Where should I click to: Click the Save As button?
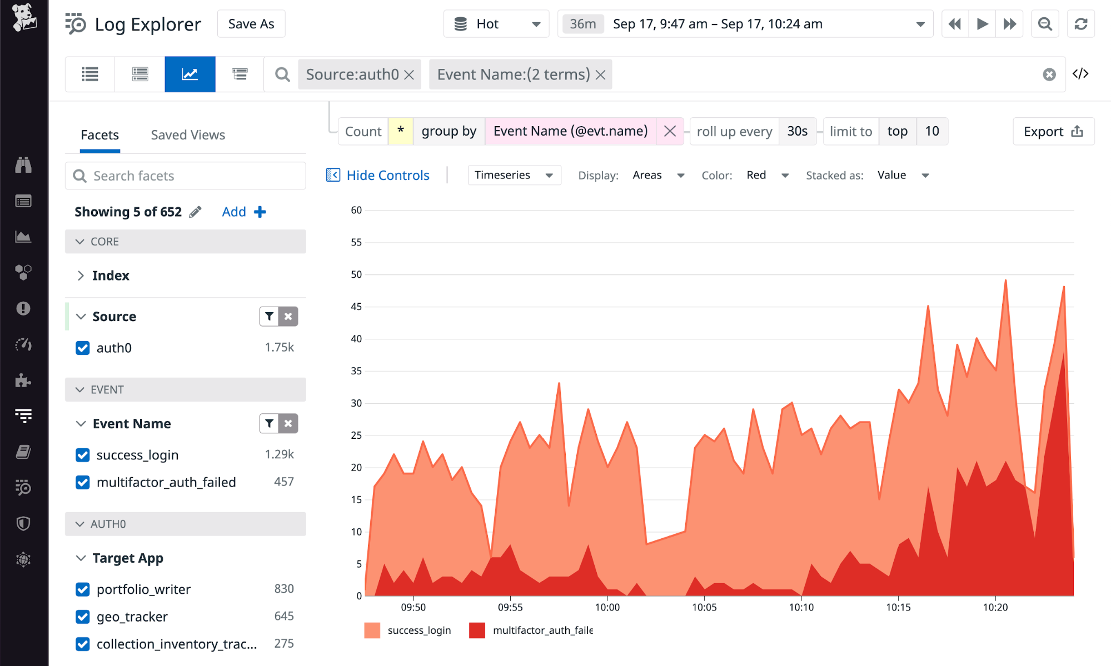point(251,24)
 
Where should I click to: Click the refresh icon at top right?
point(1080,24)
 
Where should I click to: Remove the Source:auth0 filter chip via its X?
point(410,75)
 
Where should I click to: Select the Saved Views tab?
point(188,135)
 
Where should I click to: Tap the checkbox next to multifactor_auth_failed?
point(83,482)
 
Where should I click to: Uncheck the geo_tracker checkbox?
point(83,617)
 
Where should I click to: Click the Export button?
point(1053,132)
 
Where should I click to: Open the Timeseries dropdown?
point(514,176)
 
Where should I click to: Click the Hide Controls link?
point(387,176)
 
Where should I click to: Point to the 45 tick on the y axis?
point(356,307)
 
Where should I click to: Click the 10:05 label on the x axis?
point(704,607)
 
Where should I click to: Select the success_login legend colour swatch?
point(372,630)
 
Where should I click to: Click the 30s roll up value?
point(797,132)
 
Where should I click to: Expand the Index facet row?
point(81,276)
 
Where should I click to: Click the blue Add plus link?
point(243,212)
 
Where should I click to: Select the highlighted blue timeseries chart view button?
point(190,74)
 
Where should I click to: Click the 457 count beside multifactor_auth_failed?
point(283,482)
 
